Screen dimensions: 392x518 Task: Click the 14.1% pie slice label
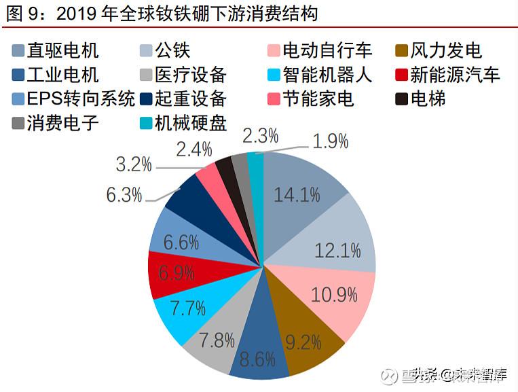297,195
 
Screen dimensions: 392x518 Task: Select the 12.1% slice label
337,251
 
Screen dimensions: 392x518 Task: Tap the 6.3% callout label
124,195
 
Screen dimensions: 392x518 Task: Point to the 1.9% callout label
331,141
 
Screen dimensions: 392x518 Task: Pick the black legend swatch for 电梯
402,99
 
